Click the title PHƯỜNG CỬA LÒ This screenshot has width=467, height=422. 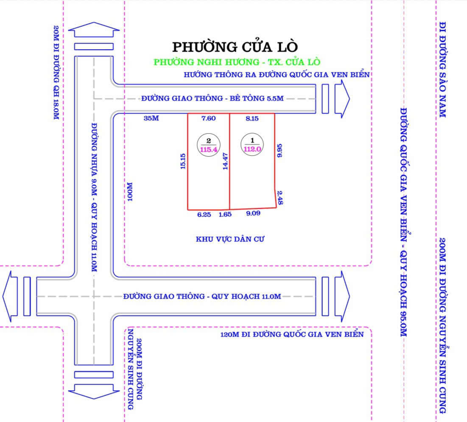235,47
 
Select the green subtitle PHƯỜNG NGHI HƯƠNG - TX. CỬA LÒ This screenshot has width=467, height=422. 237,62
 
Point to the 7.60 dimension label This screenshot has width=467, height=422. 209,118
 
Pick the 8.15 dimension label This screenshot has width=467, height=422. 252,118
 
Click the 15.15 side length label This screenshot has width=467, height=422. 183,161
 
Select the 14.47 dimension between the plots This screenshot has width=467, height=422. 226,161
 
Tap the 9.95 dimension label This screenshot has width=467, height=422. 280,151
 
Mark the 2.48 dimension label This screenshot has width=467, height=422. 280,198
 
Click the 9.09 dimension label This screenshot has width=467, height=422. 253,213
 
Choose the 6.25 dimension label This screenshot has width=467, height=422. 204,215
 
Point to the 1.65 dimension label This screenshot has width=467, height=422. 225,215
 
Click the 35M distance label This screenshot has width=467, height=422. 151,118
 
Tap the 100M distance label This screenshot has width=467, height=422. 130,192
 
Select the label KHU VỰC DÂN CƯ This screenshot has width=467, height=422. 230,239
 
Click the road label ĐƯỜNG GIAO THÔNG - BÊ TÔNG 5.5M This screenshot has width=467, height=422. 213,98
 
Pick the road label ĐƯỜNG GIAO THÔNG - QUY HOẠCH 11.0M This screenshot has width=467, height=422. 202,296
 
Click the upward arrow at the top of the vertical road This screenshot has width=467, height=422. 94,30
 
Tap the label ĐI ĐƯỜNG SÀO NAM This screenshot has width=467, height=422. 442,70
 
